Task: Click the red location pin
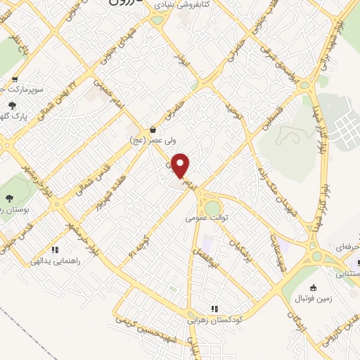point(181,166)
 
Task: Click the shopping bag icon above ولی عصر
point(153,129)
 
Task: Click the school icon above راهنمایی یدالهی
point(54,249)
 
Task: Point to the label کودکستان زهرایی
point(214,319)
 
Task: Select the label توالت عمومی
point(208,218)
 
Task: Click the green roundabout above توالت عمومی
point(212,207)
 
